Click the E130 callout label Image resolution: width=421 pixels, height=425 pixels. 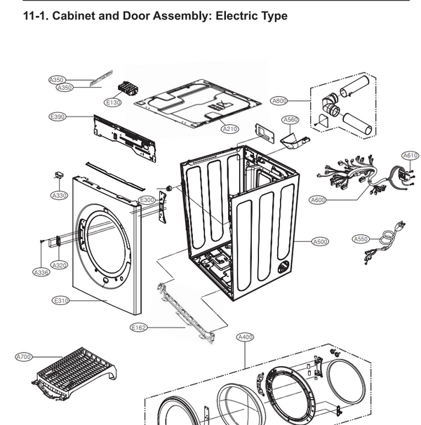[x=113, y=103]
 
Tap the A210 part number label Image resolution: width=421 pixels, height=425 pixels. [x=230, y=129]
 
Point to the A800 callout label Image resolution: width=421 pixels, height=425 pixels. [x=279, y=101]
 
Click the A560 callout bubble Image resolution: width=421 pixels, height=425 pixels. [x=290, y=120]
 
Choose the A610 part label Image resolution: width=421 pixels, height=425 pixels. [x=410, y=155]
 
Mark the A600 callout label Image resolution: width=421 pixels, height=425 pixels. [x=318, y=200]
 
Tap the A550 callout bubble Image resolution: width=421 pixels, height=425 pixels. [x=360, y=238]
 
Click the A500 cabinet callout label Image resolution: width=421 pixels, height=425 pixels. [x=320, y=242]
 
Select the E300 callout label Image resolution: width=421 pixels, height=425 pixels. [x=147, y=201]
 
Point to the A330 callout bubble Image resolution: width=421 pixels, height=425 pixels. [x=59, y=195]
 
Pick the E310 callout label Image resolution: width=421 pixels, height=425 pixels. [x=61, y=301]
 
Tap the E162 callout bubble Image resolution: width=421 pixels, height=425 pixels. [x=139, y=327]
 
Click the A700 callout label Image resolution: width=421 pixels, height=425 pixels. [x=24, y=357]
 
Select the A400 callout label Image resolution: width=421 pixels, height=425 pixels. [x=245, y=337]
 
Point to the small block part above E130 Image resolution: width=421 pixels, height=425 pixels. [x=128, y=89]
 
